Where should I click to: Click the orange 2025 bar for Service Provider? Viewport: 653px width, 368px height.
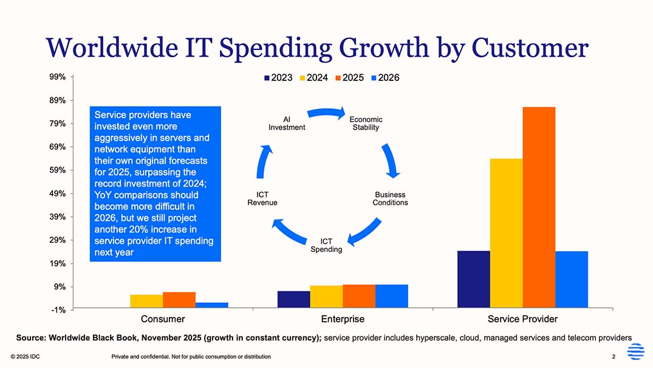[539, 207]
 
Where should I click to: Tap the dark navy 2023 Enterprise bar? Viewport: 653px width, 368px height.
[293, 300]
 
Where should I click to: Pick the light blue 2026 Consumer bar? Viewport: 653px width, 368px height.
[212, 305]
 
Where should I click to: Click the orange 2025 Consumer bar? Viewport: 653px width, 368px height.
[179, 300]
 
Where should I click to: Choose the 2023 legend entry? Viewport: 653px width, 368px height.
[278, 78]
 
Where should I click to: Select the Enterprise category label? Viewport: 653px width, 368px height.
[343, 319]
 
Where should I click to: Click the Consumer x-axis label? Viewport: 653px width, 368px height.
[163, 319]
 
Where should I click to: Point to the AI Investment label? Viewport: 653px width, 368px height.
[287, 123]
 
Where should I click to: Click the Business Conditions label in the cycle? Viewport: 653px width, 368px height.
[390, 199]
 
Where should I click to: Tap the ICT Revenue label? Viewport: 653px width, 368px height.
[262, 199]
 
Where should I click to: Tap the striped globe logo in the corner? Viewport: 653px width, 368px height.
[635, 352]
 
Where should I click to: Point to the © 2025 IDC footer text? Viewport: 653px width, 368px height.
[26, 356]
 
